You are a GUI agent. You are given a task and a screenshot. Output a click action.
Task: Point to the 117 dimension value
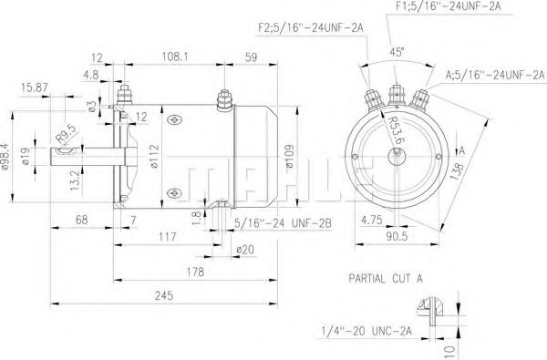tap(167, 237)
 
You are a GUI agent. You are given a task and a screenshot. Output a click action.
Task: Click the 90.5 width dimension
tap(395, 237)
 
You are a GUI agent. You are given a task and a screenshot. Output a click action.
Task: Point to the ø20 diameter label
tap(244, 249)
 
